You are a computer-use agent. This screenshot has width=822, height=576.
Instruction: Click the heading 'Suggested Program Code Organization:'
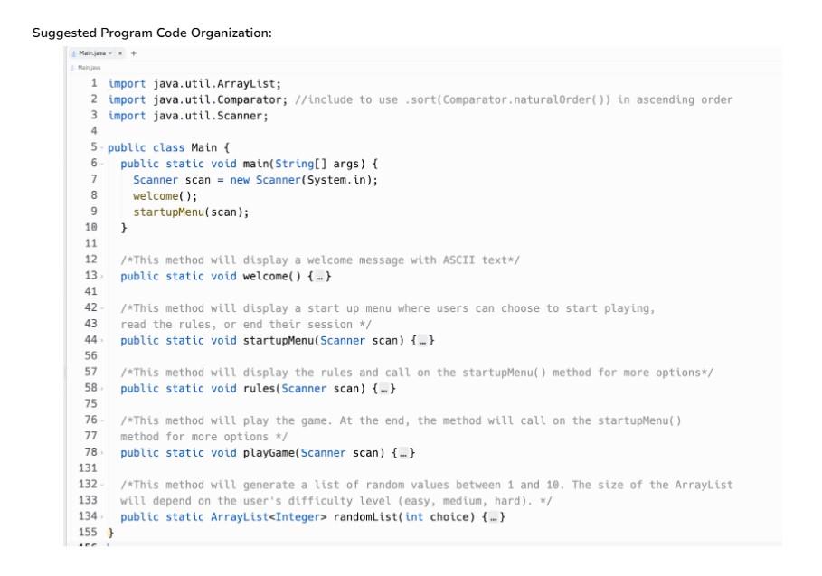coord(152,33)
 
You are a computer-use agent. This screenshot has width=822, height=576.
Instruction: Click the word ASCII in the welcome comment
coord(466,260)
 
